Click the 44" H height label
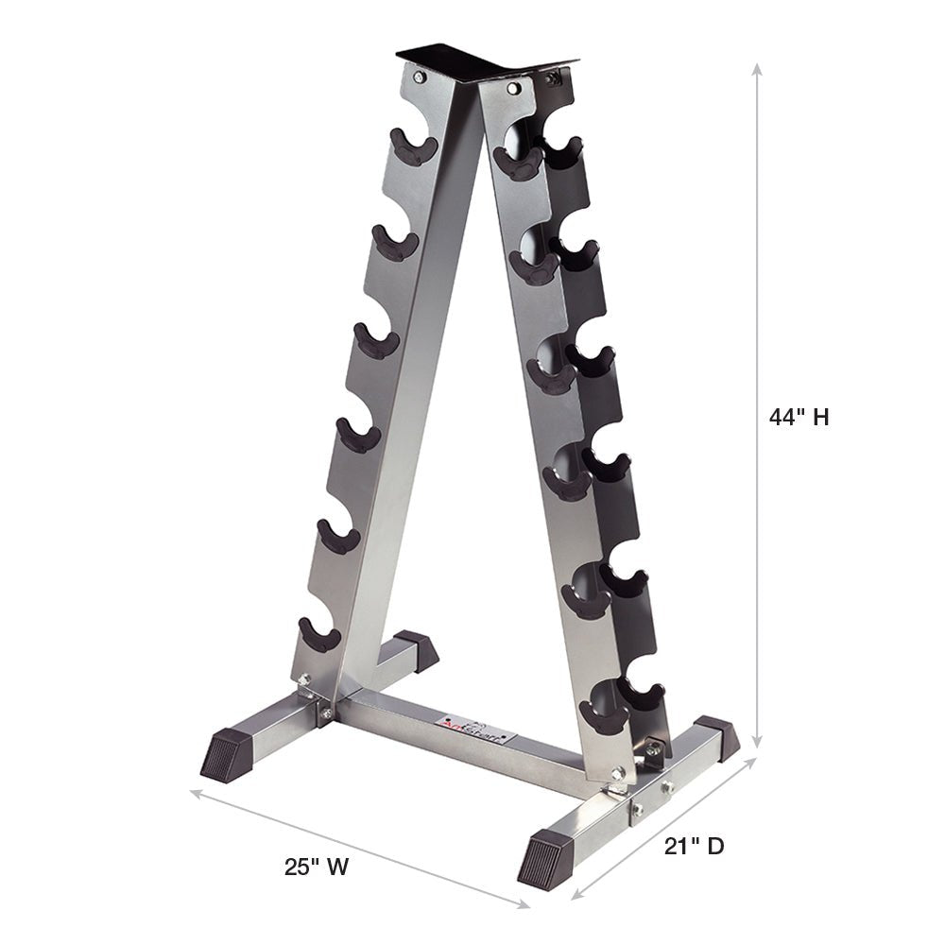(799, 417)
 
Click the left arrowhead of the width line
(195, 792)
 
